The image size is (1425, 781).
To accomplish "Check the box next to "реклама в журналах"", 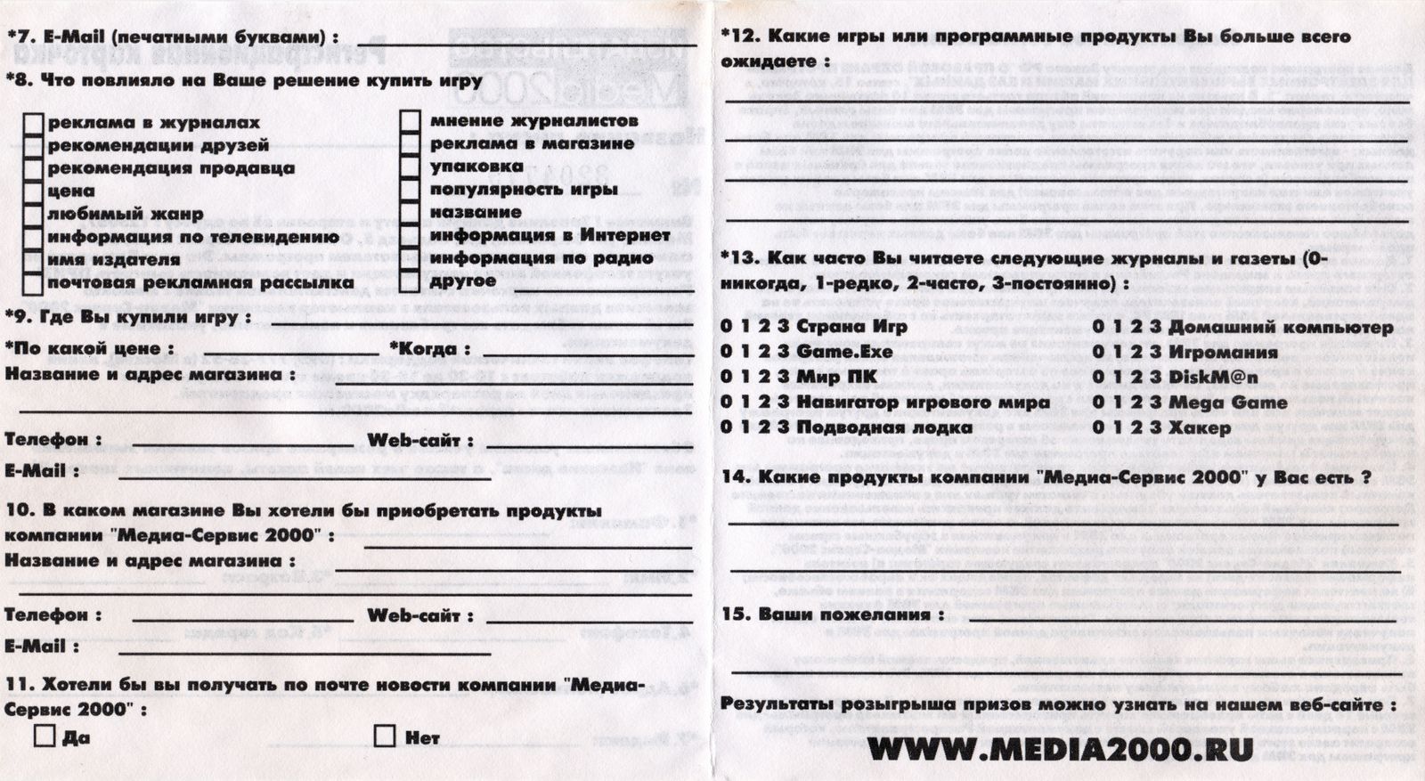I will click(x=33, y=123).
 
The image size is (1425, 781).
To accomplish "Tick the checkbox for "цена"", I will click(x=33, y=191).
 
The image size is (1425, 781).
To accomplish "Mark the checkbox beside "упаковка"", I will click(x=410, y=167).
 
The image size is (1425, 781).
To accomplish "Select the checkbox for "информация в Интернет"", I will click(x=410, y=235).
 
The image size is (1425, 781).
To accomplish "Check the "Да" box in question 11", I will click(x=44, y=736).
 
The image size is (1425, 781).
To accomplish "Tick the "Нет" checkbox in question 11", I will click(x=385, y=736).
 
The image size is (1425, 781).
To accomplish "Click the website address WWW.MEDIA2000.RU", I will click(x=1060, y=749).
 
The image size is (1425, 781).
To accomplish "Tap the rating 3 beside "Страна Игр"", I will click(x=783, y=326).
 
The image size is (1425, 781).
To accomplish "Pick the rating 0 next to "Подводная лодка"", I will click(x=726, y=427).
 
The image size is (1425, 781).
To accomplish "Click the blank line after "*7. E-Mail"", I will click(x=525, y=42).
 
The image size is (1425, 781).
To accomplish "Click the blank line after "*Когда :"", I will click(x=583, y=354).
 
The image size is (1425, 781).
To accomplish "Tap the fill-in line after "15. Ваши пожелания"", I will click(x=1185, y=617).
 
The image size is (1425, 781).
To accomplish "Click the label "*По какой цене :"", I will click(x=89, y=348).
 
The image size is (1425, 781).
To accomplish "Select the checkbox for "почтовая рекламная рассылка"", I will click(x=33, y=283).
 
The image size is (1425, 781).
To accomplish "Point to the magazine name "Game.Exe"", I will click(x=844, y=352).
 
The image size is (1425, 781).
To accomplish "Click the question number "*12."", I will click(x=739, y=37).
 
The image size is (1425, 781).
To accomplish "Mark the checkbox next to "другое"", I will click(x=410, y=281).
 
